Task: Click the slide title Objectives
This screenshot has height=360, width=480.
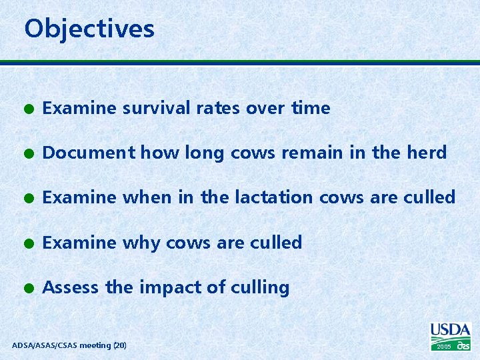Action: (89, 29)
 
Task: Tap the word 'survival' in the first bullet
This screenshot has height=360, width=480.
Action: (153, 108)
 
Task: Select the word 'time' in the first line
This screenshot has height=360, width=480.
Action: (311, 108)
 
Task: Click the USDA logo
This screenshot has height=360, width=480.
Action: (451, 331)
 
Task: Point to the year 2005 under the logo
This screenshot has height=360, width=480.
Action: (444, 347)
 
